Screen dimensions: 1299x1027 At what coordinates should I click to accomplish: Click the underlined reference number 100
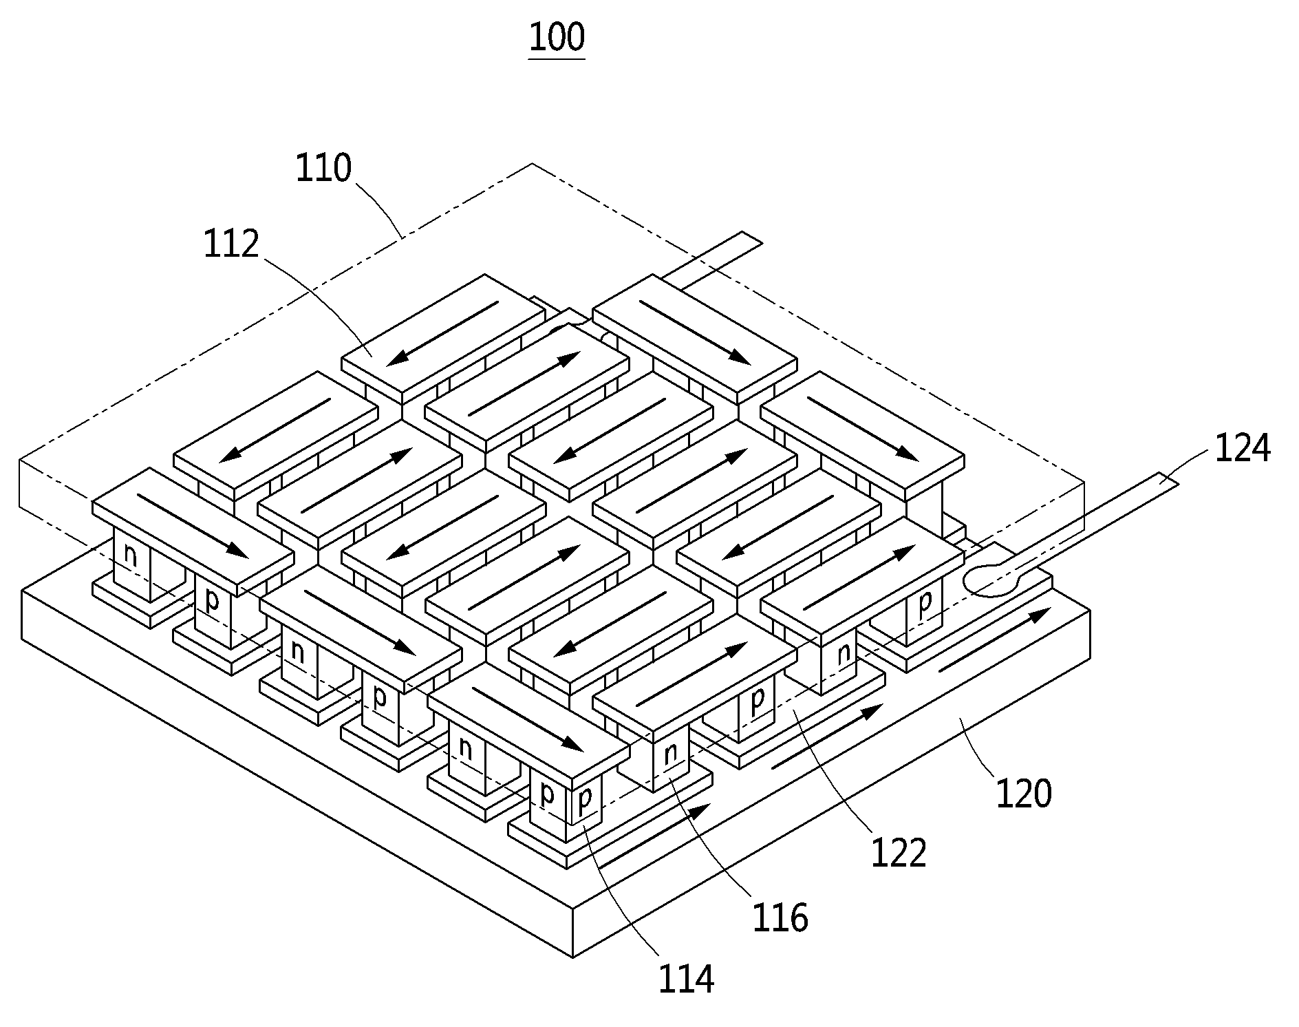pyautogui.click(x=557, y=37)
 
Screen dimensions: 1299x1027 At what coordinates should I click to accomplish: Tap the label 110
pyautogui.click(x=323, y=168)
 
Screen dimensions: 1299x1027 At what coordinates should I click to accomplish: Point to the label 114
pyautogui.click(x=686, y=979)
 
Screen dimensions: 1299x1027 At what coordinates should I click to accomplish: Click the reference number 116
pyautogui.click(x=780, y=918)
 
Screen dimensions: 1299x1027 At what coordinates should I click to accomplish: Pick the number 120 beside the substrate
pyautogui.click(x=1024, y=794)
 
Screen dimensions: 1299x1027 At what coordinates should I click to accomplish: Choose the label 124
pyautogui.click(x=1242, y=448)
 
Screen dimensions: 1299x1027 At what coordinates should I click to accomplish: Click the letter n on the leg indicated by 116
pyautogui.click(x=670, y=754)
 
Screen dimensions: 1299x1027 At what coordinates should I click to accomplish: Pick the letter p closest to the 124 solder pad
pyautogui.click(x=925, y=601)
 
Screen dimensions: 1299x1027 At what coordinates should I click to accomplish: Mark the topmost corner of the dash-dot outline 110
pyautogui.click(x=532, y=163)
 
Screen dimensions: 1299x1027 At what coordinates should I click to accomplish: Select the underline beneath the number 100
pyautogui.click(x=557, y=59)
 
